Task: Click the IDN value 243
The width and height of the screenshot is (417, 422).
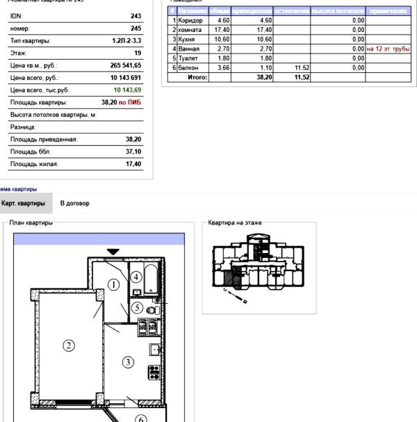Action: pos(136,16)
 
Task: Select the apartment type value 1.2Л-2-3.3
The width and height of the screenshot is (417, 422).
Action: pos(126,41)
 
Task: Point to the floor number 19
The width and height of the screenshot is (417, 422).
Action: pos(138,53)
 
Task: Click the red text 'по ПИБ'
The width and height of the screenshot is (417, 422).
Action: pos(130,102)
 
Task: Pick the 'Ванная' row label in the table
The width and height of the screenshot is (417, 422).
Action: pos(189,49)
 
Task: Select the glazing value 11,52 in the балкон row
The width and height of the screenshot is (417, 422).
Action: pos(302,68)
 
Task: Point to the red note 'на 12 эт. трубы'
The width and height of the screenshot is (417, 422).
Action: pos(389,49)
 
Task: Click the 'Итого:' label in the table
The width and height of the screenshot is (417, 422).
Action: pos(198,77)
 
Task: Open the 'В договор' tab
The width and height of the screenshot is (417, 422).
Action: pos(74,203)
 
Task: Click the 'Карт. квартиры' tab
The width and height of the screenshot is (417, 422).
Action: pos(24,203)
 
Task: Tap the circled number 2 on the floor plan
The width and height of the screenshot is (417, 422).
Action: pos(69,346)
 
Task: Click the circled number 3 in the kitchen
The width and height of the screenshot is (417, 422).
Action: pos(128,361)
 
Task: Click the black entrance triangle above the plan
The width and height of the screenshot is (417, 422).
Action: pos(113,251)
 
